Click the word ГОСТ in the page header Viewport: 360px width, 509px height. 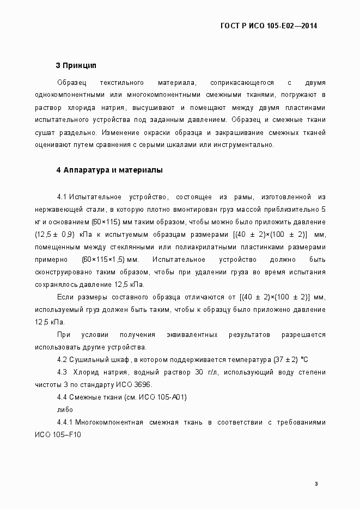pyautogui.click(x=229, y=26)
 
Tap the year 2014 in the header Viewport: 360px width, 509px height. pyautogui.click(x=309, y=26)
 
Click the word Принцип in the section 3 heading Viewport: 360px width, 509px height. pyautogui.click(x=80, y=66)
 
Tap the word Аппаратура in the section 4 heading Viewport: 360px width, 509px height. pyautogui.click(x=84, y=170)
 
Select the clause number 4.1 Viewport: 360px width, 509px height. pyautogui.click(x=62, y=197)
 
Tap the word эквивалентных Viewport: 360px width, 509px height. pyautogui.click(x=193, y=335)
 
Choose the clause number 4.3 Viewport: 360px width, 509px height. pyautogui.click(x=62, y=372)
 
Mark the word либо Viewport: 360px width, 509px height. pyautogui.click(x=65, y=410)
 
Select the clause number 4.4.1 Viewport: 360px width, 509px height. pyautogui.click(x=65, y=422)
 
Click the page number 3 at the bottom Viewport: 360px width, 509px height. pyautogui.click(x=316, y=483)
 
